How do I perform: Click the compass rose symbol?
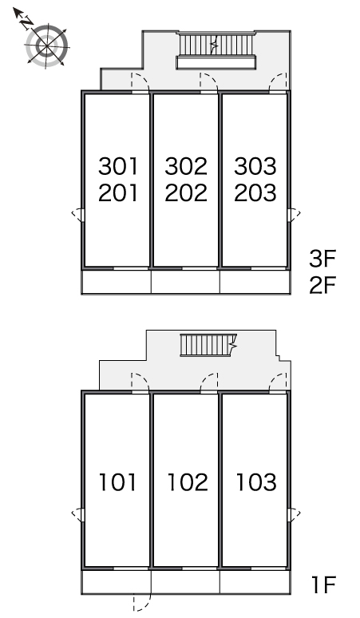pyautogui.click(x=46, y=46)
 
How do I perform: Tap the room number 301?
pyautogui.click(x=118, y=166)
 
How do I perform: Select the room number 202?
pyautogui.click(x=186, y=192)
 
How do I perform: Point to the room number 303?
pyautogui.click(x=255, y=166)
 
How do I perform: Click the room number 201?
pyautogui.click(x=118, y=192)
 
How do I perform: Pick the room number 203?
pyautogui.click(x=255, y=192)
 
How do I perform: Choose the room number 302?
pyautogui.click(x=186, y=166)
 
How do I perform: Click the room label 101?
pyautogui.click(x=118, y=482)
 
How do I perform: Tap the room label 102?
pyautogui.click(x=188, y=482)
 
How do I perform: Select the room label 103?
pyautogui.click(x=256, y=482)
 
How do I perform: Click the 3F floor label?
pyautogui.click(x=322, y=259)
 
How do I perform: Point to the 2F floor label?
pyautogui.click(x=322, y=285)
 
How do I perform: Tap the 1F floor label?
pyautogui.click(x=323, y=584)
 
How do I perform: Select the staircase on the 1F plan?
pyautogui.click(x=209, y=345)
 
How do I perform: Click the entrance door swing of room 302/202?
pyautogui.click(x=209, y=82)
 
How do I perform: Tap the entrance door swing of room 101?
pyautogui.click(x=140, y=382)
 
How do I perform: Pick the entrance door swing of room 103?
pyautogui.click(x=278, y=382)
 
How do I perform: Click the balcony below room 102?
pyautogui.click(x=185, y=582)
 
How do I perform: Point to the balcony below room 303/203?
pyautogui.click(x=255, y=282)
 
